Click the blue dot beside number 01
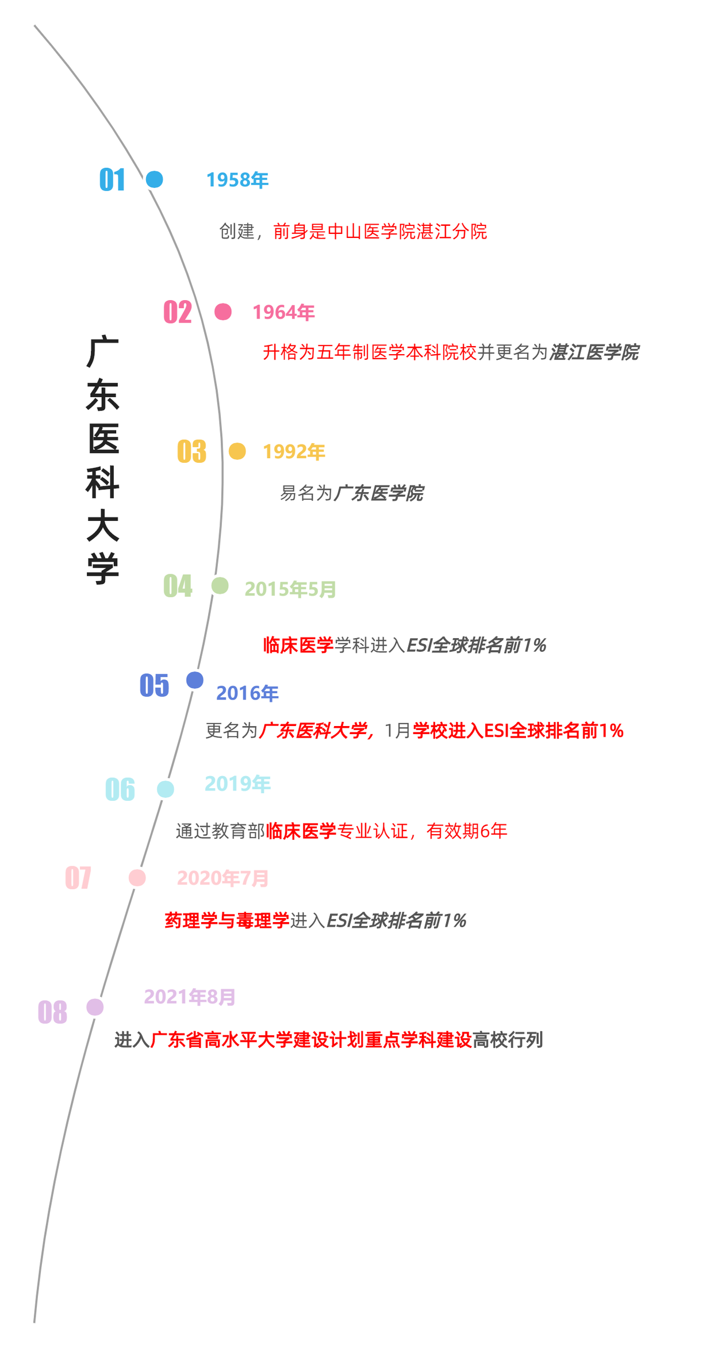[154, 179]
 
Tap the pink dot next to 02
[223, 312]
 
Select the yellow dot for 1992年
[237, 451]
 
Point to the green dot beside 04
[220, 586]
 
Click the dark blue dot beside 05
[195, 680]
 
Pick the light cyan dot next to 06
[166, 789]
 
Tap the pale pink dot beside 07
[137, 878]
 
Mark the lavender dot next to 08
[95, 1007]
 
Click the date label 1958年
[237, 180]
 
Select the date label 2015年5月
[290, 589]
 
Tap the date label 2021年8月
[190, 997]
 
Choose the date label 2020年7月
[222, 878]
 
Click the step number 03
[191, 451]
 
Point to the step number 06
[120, 789]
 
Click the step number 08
[52, 1012]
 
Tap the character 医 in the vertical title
[103, 439]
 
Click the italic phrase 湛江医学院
[594, 352]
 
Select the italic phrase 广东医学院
[379, 493]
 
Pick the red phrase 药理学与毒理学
[227, 921]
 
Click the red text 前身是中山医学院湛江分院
[380, 232]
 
